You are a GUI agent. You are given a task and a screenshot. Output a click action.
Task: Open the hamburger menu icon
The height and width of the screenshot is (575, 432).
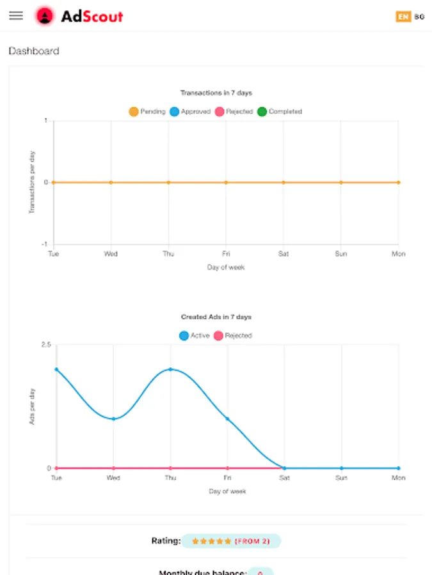(x=16, y=16)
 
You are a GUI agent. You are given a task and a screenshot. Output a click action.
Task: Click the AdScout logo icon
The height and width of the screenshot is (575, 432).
(x=44, y=16)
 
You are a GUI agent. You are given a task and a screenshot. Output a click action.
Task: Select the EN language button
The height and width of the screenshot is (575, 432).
(x=403, y=17)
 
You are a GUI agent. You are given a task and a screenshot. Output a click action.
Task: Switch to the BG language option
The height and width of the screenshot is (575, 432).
(x=419, y=17)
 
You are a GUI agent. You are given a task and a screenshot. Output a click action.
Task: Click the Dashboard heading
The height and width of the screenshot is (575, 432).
(x=34, y=51)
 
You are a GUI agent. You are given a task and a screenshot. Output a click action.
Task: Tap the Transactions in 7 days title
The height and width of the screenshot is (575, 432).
(x=216, y=93)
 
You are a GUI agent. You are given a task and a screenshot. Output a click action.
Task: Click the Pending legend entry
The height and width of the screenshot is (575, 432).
(x=147, y=111)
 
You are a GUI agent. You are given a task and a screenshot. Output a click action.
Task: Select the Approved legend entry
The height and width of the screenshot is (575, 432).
(x=190, y=111)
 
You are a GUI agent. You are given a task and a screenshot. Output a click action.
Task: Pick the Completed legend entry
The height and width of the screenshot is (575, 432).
(x=279, y=111)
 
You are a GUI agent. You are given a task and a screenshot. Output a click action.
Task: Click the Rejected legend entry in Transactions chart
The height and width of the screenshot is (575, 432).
(x=234, y=111)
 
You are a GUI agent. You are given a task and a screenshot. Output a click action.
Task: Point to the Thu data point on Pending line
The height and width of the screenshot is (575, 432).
(x=168, y=182)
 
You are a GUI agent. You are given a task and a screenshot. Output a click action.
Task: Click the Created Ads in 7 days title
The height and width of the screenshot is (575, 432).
(x=216, y=317)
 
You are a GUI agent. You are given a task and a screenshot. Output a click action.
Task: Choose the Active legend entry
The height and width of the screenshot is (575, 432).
(x=195, y=335)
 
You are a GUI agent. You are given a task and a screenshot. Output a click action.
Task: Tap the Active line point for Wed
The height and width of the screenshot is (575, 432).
(x=113, y=418)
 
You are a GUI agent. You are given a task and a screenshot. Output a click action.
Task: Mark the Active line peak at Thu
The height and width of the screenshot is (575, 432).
(x=170, y=369)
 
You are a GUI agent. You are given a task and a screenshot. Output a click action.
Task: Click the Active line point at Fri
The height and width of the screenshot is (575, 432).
(x=227, y=418)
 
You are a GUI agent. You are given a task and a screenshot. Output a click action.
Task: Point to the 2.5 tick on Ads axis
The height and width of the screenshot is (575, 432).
(x=45, y=345)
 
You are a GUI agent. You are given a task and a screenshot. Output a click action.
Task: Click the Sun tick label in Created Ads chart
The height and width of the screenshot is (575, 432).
(x=341, y=478)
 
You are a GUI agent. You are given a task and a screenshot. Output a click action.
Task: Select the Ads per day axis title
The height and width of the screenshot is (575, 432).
(x=33, y=406)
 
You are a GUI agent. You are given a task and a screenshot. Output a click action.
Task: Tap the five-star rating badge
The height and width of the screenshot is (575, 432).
(x=230, y=541)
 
